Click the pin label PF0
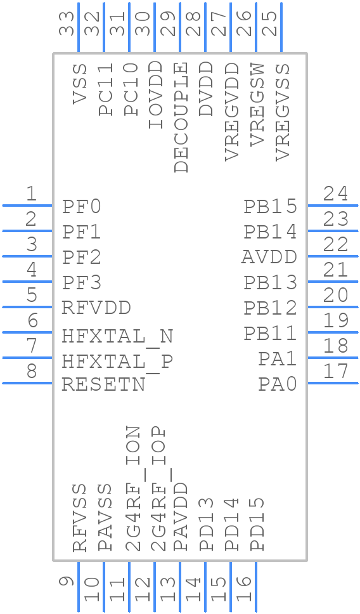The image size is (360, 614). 82,207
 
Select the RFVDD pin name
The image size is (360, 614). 96,308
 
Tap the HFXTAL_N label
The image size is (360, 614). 117,336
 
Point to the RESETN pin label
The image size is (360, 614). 103,384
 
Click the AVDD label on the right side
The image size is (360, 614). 269,258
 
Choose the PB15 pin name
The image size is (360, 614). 271,207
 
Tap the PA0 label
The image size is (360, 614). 277,384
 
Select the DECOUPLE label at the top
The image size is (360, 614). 181,117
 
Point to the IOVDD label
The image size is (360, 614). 155,95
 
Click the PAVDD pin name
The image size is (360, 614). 181,516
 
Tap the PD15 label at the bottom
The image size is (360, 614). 257,524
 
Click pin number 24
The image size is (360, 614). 335,193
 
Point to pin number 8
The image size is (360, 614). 31,371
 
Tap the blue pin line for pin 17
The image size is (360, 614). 333,383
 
